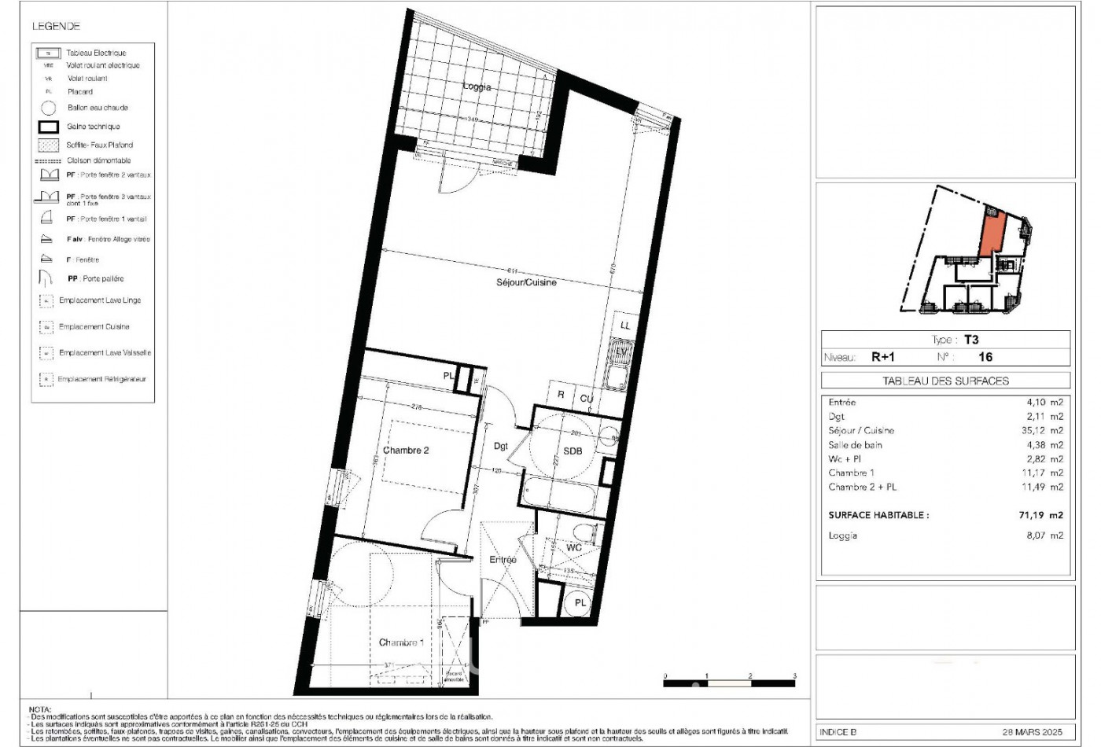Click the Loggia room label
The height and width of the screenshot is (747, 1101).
pos(477,86)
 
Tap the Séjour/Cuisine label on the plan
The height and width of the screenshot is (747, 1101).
pos(526,282)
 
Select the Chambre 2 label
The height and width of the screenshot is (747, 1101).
pos(406,451)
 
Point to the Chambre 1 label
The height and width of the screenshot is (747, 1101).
pos(401,642)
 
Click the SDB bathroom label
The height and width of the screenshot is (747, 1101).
pos(573,451)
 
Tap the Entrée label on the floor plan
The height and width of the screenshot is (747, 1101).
pos(503,560)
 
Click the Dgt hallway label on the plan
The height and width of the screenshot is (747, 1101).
pos(501,446)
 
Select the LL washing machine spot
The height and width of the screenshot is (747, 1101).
pos(625,325)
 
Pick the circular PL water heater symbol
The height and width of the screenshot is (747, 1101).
pos(580,603)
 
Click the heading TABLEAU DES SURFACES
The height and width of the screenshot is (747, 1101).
pos(945,381)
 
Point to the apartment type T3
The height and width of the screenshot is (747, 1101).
pos(971,340)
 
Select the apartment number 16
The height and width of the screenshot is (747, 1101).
pos(985,356)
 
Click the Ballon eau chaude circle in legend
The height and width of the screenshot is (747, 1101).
pos(49,108)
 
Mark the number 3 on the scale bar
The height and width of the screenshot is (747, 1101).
pos(794,676)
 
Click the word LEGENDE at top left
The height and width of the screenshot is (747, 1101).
pos(56,26)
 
